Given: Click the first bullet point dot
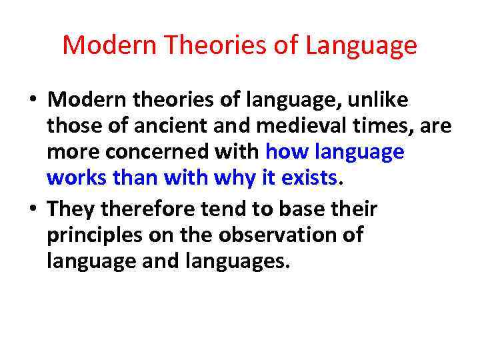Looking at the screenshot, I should [x=32, y=101].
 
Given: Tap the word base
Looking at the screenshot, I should [x=304, y=209].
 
